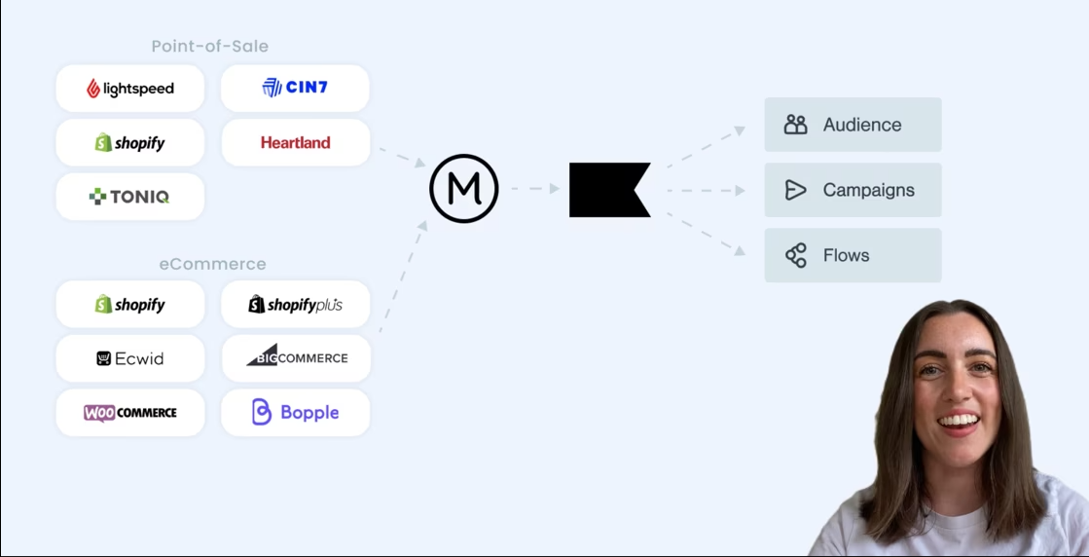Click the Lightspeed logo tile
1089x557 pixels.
click(130, 89)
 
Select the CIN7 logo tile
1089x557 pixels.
click(295, 88)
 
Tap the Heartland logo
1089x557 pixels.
click(295, 142)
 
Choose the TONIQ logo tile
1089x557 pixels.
click(130, 197)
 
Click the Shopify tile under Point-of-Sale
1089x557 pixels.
click(130, 143)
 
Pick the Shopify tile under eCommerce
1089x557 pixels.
click(130, 305)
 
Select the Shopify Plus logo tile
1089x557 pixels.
click(295, 305)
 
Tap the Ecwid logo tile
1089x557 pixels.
click(130, 358)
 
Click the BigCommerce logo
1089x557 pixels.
click(296, 357)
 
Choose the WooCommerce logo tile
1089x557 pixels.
click(130, 413)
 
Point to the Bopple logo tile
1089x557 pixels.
click(295, 412)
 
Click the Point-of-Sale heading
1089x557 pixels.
click(209, 46)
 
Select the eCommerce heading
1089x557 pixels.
click(212, 264)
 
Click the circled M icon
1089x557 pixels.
click(464, 189)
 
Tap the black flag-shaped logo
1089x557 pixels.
click(608, 189)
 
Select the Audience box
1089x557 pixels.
click(853, 125)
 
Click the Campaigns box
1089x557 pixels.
click(853, 190)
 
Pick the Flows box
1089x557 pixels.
click(853, 255)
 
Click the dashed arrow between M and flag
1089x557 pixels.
click(534, 189)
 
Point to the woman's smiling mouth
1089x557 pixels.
click(960, 422)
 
